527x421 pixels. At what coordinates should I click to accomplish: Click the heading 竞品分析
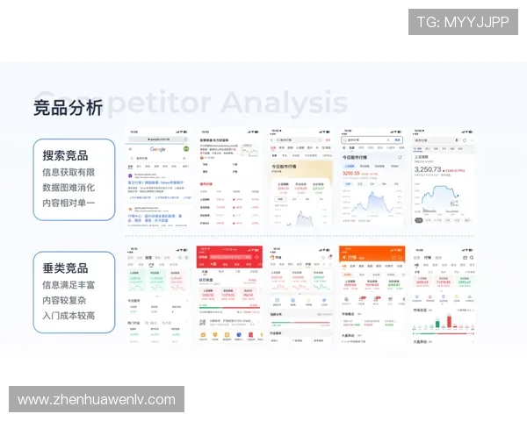pyautogui.click(x=68, y=108)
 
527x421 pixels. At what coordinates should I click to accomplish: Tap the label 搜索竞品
pyautogui.click(x=65, y=155)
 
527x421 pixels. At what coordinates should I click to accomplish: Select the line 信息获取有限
pyautogui.click(x=69, y=172)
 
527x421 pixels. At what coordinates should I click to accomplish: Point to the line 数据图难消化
pyautogui.click(x=69, y=188)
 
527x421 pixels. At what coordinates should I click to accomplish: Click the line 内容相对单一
pyautogui.click(x=69, y=203)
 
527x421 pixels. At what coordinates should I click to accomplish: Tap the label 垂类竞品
pyautogui.click(x=65, y=268)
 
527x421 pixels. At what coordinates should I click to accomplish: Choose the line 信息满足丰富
pyautogui.click(x=69, y=284)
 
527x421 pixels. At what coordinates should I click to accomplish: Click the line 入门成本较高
pyautogui.click(x=69, y=316)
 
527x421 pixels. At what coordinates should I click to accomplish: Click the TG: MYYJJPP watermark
pyautogui.click(x=462, y=22)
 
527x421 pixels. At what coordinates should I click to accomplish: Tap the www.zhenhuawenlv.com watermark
pyautogui.click(x=97, y=399)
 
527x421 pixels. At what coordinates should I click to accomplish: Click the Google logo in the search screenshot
pyautogui.click(x=158, y=150)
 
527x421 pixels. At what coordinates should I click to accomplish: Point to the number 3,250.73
pyautogui.click(x=434, y=168)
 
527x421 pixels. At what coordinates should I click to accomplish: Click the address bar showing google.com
pyautogui.click(x=159, y=139)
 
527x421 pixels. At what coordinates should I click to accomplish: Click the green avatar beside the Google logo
pyautogui.click(x=185, y=150)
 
